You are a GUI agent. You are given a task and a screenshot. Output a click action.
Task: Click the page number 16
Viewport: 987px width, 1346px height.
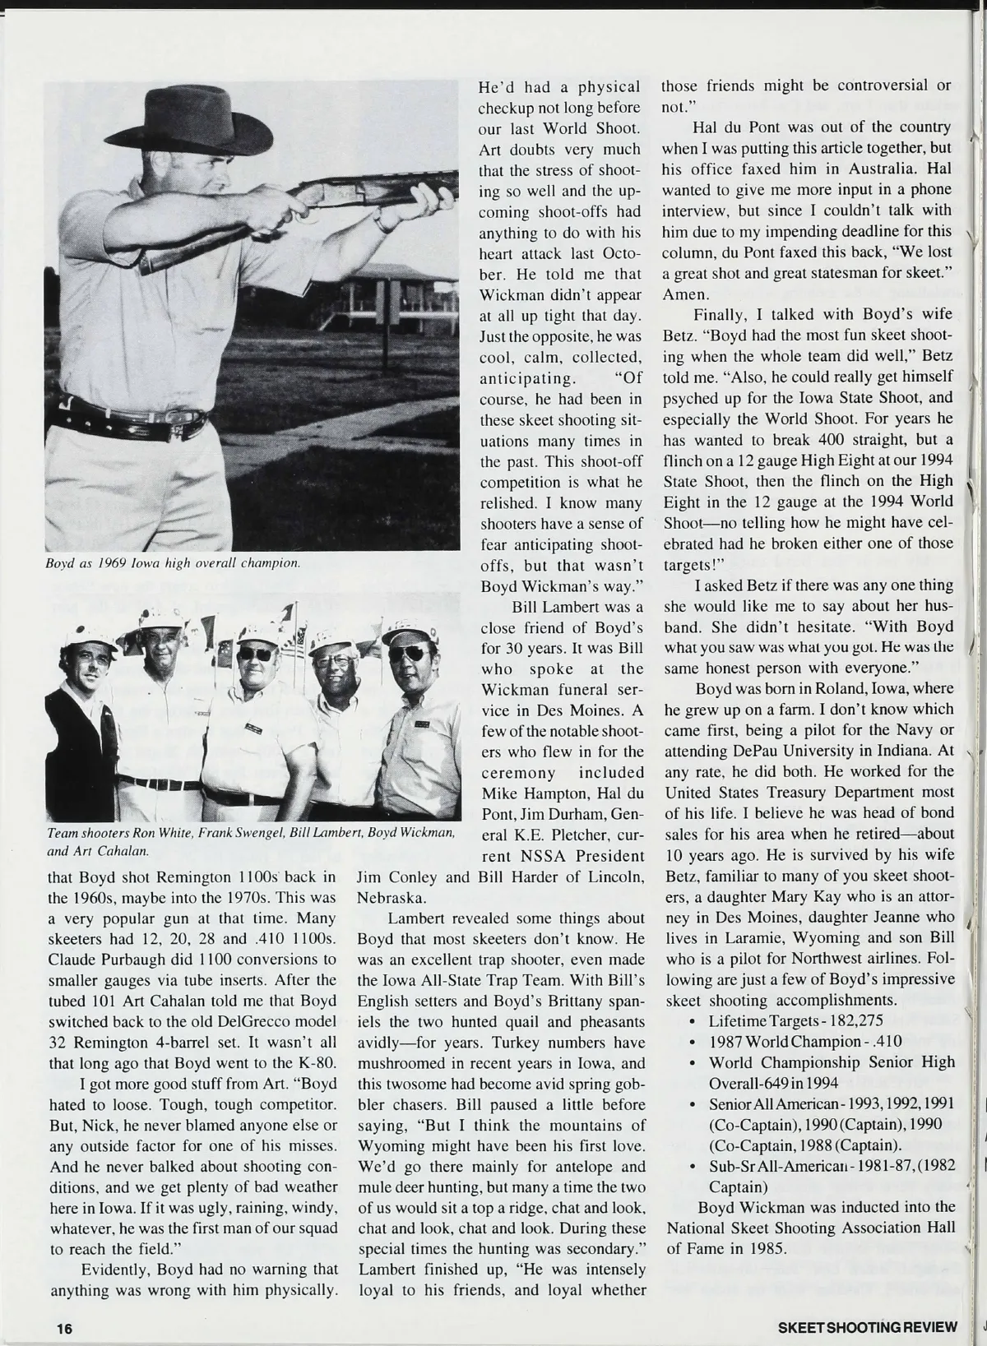coord(64,1327)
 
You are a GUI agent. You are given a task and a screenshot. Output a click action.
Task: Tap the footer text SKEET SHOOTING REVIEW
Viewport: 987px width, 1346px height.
coord(868,1327)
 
